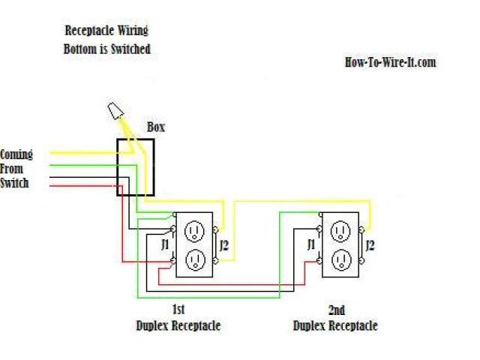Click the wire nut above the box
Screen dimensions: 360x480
coord(114,112)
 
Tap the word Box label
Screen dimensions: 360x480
coord(156,127)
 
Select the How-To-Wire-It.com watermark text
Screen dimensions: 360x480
coord(390,62)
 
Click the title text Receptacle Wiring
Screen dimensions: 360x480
coord(106,31)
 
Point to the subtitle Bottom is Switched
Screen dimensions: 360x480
coord(106,49)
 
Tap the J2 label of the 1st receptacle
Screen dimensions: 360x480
coord(224,243)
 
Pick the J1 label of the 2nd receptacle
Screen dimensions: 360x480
coord(311,244)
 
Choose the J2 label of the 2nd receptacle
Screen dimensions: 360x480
coord(370,244)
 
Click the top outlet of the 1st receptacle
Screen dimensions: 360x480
coord(195,229)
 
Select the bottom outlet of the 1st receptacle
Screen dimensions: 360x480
coord(195,259)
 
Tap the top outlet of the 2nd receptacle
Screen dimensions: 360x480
coord(340,229)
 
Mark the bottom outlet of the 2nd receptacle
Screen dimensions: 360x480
coord(340,259)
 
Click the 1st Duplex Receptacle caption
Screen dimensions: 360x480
coord(178,318)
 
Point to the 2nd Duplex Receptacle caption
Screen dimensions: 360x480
coord(334,318)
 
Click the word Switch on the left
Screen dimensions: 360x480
coord(15,183)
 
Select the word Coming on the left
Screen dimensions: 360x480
coord(16,154)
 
